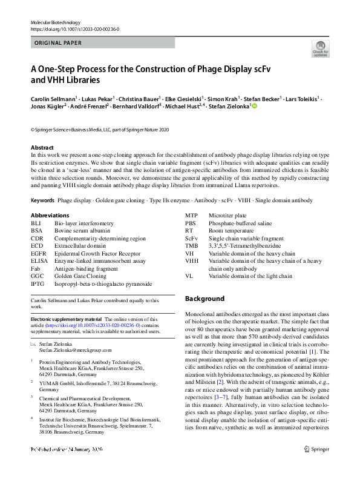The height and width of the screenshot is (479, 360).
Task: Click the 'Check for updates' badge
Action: (x=320, y=48)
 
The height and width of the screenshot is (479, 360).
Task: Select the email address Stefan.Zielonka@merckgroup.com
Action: (x=76, y=350)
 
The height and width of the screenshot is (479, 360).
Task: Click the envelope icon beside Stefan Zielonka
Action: (x=33, y=343)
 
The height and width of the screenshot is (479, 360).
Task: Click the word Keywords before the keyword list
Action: (x=42, y=183)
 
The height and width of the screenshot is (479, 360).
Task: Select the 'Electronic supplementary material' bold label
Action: (x=66, y=319)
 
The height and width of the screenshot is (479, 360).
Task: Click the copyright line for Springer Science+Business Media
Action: (x=100, y=130)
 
